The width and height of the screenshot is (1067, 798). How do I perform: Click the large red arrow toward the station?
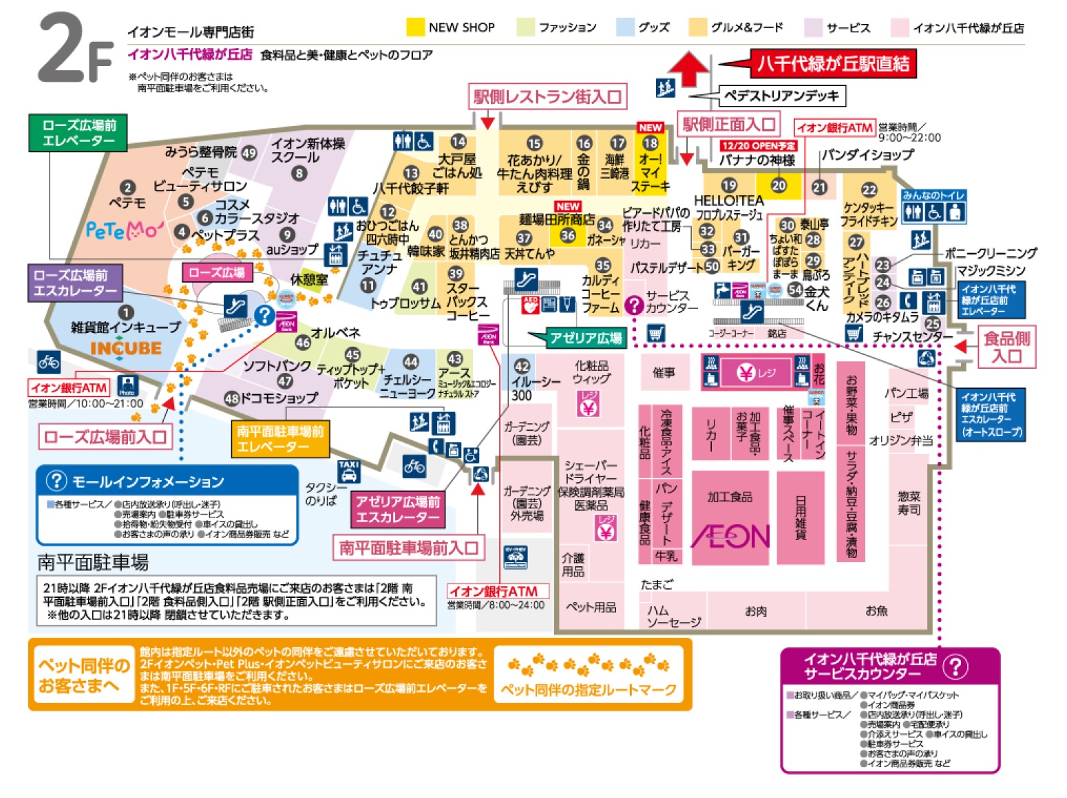pyautogui.click(x=688, y=69)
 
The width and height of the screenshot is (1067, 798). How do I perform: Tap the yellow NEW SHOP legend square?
pyautogui.click(x=415, y=27)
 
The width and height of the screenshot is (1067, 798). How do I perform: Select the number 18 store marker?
pyautogui.click(x=651, y=143)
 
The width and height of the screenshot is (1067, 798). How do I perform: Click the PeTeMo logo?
pyautogui.click(x=125, y=229)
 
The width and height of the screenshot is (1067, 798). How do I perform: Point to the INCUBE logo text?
pyautogui.click(x=125, y=349)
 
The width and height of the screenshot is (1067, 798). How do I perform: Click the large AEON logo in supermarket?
pyautogui.click(x=730, y=537)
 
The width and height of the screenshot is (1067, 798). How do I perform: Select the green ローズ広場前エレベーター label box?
pyautogui.click(x=78, y=133)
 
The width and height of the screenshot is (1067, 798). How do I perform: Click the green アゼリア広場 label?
pyautogui.click(x=585, y=337)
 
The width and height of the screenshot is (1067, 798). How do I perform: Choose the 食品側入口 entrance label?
pyautogui.click(x=1006, y=347)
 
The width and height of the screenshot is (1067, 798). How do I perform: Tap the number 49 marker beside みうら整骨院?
pyautogui.click(x=249, y=153)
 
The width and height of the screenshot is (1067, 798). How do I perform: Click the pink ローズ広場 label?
pyautogui.click(x=217, y=272)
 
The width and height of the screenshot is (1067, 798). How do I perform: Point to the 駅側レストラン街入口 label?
pyautogui.click(x=547, y=97)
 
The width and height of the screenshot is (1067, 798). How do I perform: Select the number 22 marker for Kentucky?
pyautogui.click(x=869, y=189)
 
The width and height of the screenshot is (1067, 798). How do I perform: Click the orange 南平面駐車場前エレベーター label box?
pyautogui.click(x=280, y=439)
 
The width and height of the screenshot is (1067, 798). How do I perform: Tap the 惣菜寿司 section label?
pyautogui.click(x=909, y=503)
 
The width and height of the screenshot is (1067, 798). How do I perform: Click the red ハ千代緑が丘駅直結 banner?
pyautogui.click(x=833, y=64)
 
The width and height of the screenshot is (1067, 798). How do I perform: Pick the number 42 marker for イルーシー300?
pyautogui.click(x=522, y=366)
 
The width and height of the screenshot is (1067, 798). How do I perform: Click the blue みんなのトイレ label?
pyautogui.click(x=933, y=195)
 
